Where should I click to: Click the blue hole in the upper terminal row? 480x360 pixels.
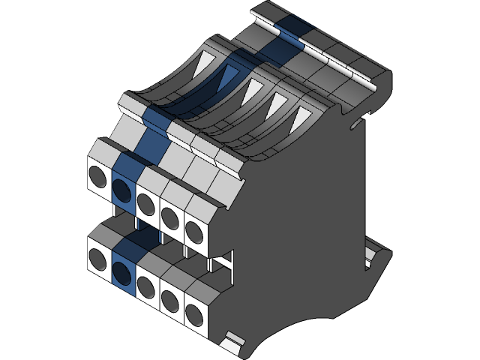coord(122,182)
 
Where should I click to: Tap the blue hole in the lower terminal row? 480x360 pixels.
coord(122,266)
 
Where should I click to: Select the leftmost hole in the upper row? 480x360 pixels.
coord(97,176)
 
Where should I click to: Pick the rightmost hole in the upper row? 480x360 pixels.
coord(193,229)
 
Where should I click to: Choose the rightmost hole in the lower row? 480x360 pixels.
coord(193,313)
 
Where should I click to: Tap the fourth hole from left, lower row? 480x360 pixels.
coord(170,300)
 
